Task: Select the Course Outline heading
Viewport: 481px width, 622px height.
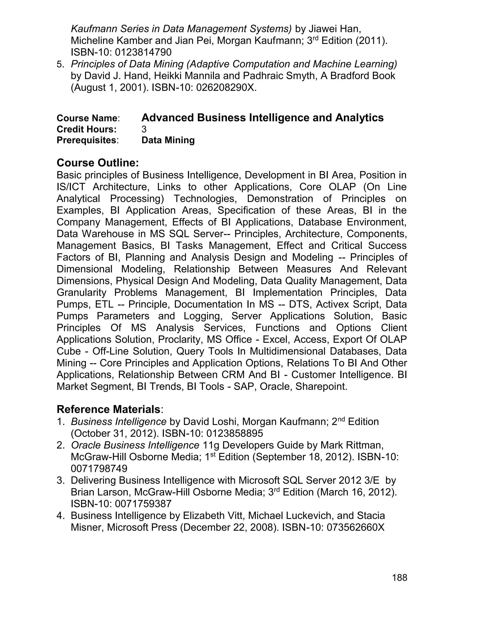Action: pos(98,163)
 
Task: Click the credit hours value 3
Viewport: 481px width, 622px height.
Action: pos(144,129)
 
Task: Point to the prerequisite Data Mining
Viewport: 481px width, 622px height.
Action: pos(168,140)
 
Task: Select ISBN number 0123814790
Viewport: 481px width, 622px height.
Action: pos(143,52)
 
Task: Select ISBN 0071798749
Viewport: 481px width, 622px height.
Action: pos(99,468)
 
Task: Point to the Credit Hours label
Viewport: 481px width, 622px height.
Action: pos(87,129)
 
